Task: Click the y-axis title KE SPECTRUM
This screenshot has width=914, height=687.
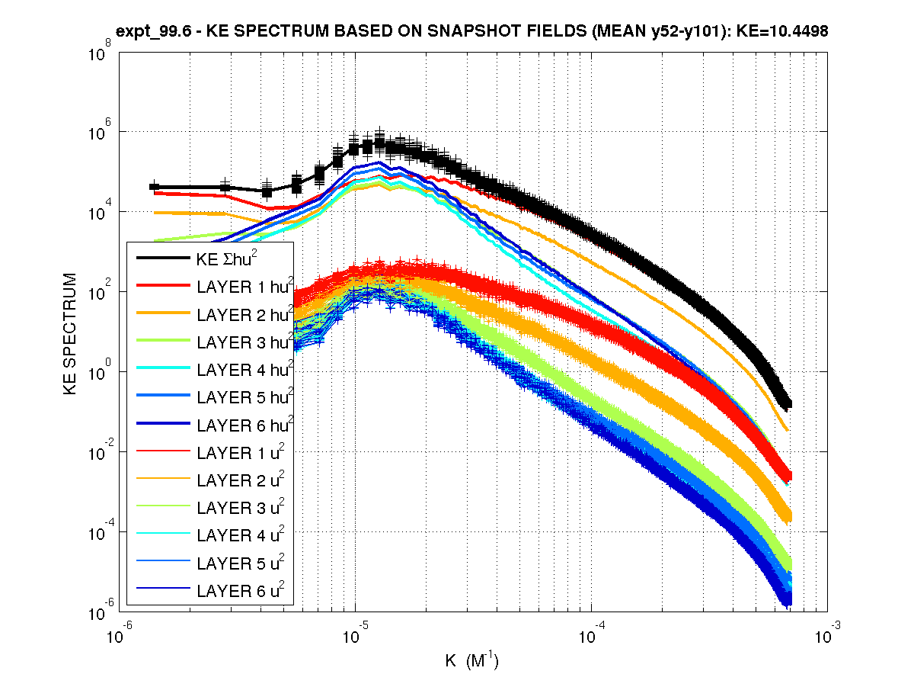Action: pos(70,333)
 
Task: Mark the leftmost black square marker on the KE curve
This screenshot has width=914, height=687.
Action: pos(154,187)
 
